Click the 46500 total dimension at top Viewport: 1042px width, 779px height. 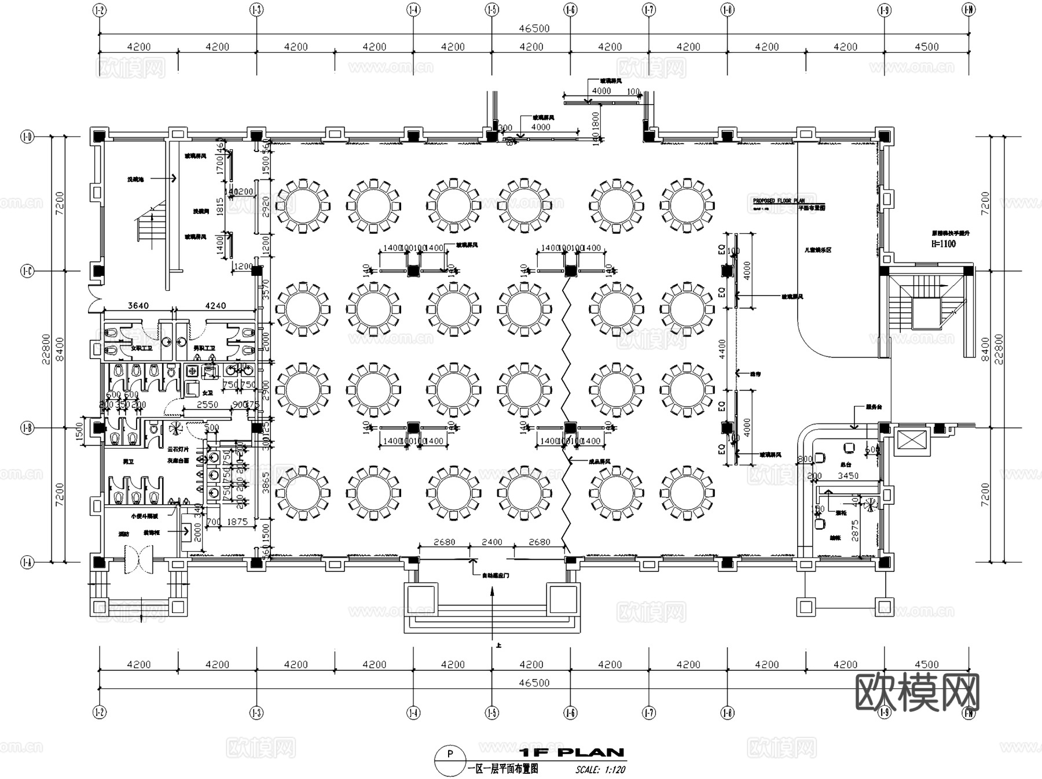[534, 28]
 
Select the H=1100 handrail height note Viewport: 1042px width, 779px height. [943, 244]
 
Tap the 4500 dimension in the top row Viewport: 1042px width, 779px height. [926, 47]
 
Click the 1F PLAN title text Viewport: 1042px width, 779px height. [571, 752]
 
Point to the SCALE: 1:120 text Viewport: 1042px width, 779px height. [600, 770]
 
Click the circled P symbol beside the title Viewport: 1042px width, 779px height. [450, 754]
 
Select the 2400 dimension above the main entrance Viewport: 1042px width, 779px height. [491, 542]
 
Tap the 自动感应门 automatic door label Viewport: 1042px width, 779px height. [495, 575]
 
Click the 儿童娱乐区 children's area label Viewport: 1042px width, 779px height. [817, 250]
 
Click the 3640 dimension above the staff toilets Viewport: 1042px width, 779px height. [138, 305]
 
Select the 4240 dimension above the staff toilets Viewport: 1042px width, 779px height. [215, 305]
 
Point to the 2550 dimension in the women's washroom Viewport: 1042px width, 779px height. [207, 405]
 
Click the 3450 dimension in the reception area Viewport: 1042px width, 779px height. [848, 475]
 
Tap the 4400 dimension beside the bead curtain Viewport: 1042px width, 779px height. [722, 349]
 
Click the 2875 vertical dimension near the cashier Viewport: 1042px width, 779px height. [855, 530]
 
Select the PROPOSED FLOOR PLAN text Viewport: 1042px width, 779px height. [778, 201]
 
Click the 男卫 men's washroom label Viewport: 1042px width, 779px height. [128, 462]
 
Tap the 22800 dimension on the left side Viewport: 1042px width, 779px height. [46, 349]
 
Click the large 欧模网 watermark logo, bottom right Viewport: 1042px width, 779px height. [917, 692]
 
